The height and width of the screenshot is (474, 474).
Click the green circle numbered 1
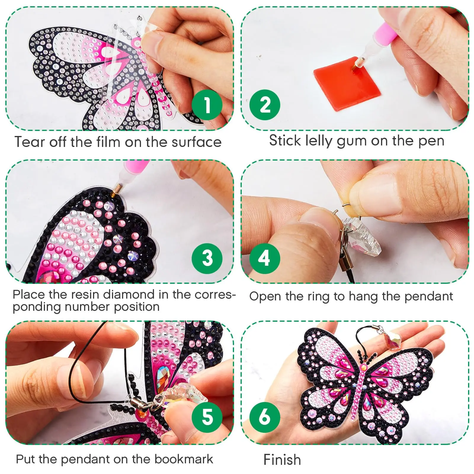pos(207,105)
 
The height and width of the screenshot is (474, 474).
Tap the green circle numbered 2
pos(265,105)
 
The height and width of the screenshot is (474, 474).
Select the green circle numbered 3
pos(207,258)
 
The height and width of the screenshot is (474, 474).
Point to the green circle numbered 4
pos(265,258)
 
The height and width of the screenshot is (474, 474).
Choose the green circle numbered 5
pos(207,417)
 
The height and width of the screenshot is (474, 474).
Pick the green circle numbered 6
pos(265,417)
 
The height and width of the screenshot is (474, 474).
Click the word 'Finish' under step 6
pos(282,460)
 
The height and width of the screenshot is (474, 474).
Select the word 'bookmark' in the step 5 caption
pos(184,459)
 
